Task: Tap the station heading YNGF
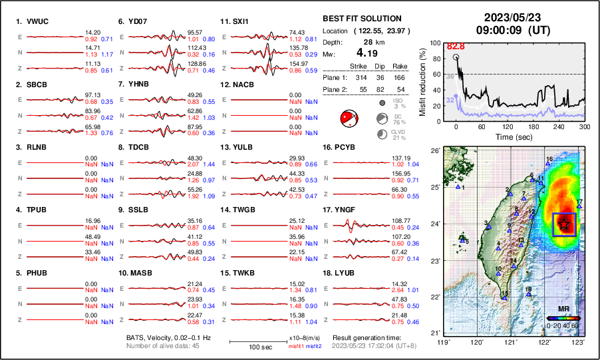[341, 210]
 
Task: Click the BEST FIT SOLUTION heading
[362, 19]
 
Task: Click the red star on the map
[565, 224]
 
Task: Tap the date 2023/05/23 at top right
[510, 17]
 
